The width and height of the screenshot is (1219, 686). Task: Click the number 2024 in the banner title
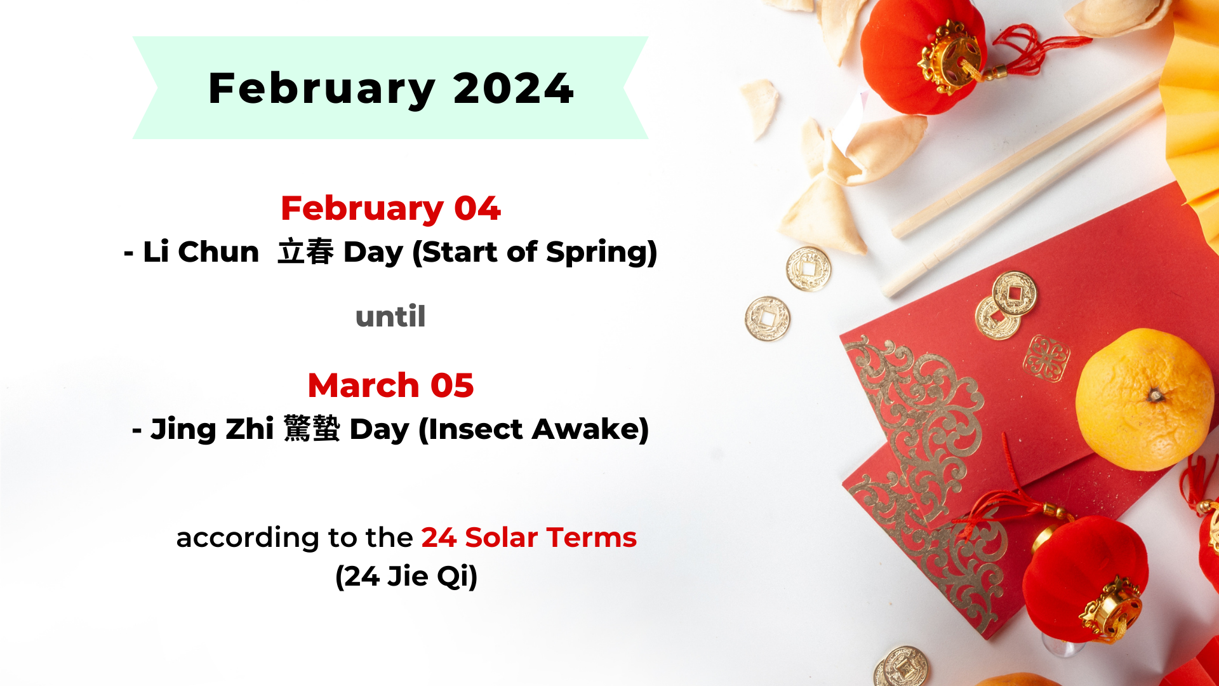[x=513, y=88]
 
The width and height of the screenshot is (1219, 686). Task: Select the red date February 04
[x=390, y=208]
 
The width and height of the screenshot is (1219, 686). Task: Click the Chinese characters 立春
[x=306, y=252]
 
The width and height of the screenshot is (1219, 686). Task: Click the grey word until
[x=390, y=316]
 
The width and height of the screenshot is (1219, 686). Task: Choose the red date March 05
[x=390, y=386]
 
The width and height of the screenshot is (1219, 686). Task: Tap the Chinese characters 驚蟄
[x=312, y=429]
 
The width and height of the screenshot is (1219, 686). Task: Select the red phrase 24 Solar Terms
[x=528, y=537]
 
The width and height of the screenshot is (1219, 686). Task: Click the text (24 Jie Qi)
[x=406, y=576]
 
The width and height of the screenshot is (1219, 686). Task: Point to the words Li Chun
[x=201, y=252]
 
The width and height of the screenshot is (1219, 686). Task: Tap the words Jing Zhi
[x=212, y=429]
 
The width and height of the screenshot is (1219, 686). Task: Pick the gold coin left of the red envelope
[x=768, y=319]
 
